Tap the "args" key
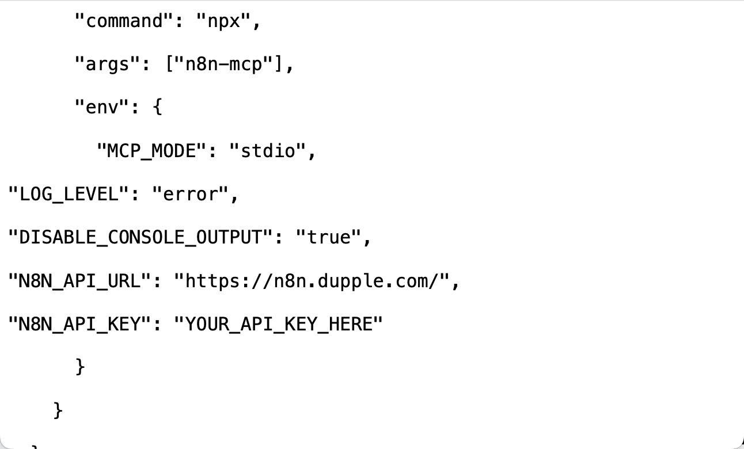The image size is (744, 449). click(108, 64)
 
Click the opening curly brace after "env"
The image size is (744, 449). click(157, 108)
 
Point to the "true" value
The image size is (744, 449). click(328, 237)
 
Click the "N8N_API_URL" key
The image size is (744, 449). click(80, 281)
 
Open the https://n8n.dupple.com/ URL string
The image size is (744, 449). click(312, 281)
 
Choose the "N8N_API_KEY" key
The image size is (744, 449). click(80, 324)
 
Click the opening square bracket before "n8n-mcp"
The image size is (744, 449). click(169, 64)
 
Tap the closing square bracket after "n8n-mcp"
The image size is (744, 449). click(279, 64)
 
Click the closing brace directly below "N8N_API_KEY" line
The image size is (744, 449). click(80, 367)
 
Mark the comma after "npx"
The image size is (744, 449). click(257, 24)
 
